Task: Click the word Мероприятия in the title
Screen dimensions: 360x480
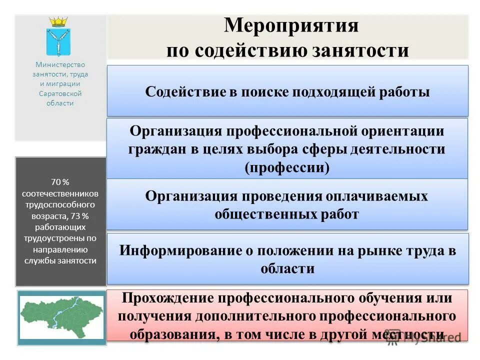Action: [291, 25]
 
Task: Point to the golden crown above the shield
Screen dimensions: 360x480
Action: [58, 22]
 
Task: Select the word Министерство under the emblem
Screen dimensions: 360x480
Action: [60, 64]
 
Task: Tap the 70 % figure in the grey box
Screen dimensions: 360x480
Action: [60, 182]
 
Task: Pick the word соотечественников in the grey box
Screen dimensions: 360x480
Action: [60, 193]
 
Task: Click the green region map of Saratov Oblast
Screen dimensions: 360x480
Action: [61, 317]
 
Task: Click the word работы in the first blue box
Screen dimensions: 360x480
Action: [405, 92]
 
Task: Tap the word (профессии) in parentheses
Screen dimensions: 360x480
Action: [287, 167]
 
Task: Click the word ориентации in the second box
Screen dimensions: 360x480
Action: [400, 131]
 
